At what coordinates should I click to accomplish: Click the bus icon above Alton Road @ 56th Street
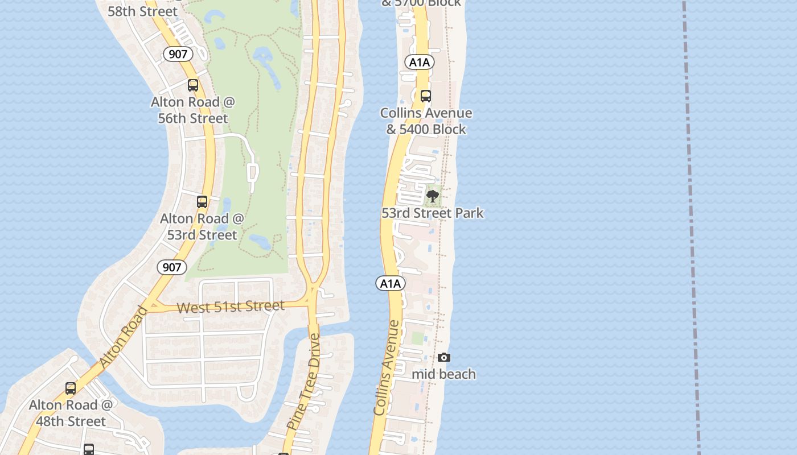pos(193,85)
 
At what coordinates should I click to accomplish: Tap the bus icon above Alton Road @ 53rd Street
pos(202,202)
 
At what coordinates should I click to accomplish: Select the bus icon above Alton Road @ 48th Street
pos(71,388)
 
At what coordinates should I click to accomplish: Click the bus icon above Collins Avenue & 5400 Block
pos(426,96)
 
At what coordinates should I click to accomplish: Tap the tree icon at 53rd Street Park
pos(433,197)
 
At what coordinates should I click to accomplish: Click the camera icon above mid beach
pos(444,357)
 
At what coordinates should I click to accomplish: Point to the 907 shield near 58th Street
pos(178,54)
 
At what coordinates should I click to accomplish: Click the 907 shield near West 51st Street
pos(171,267)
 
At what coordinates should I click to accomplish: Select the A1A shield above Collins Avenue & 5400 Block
pos(420,63)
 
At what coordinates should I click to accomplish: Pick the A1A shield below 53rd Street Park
pos(391,283)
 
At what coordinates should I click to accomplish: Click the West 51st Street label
pos(230,307)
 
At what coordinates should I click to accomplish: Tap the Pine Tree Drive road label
pos(304,382)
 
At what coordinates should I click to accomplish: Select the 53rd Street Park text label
pos(432,213)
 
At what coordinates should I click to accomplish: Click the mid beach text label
pos(443,374)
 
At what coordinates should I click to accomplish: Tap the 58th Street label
pos(142,11)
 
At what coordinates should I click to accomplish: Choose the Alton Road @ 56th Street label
pos(193,110)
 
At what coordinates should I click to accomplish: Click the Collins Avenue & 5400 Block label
pos(426,121)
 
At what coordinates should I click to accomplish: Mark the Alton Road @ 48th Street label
pos(71,413)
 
